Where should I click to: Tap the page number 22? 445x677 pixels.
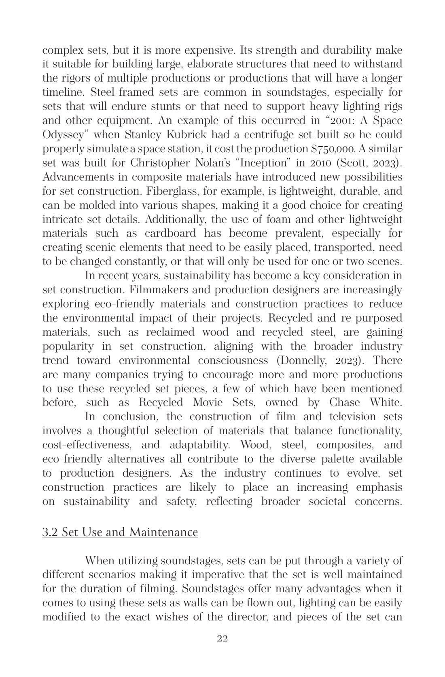pos(222,638)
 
